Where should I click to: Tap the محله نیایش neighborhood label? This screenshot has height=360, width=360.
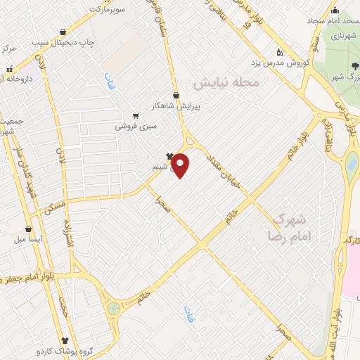tap(226, 83)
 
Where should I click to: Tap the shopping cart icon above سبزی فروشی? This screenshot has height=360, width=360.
tap(136, 117)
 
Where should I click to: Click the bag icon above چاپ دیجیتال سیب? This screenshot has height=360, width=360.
tap(64, 32)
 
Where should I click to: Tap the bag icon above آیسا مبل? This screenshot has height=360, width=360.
tap(28, 229)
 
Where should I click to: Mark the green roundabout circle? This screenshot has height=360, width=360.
tap(113, 307)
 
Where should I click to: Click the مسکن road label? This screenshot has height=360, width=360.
tap(53, 201)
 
